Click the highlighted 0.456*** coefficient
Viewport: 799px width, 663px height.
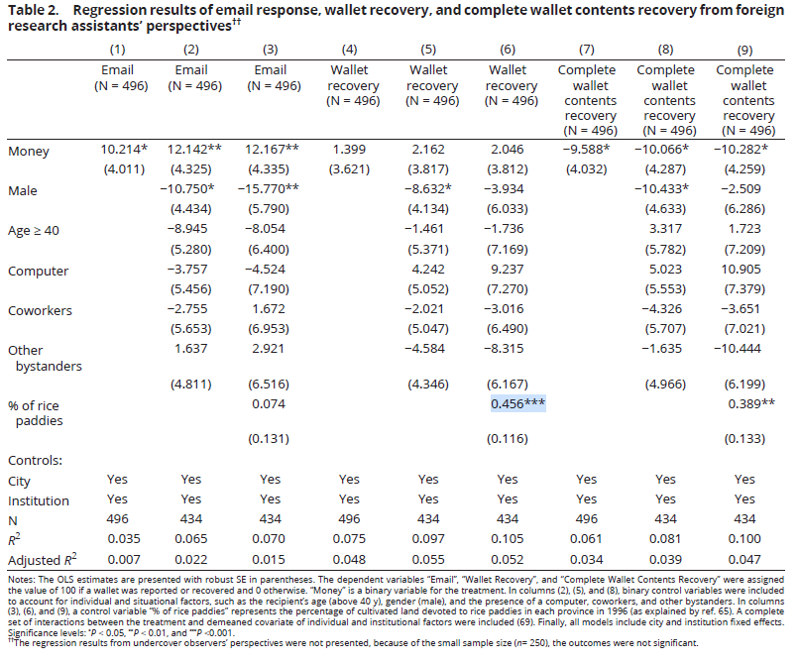click(x=517, y=403)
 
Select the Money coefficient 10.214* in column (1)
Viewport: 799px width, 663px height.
click(x=124, y=150)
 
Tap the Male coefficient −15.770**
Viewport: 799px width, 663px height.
click(x=268, y=189)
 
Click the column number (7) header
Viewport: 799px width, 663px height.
click(x=587, y=50)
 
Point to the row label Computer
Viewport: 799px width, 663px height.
click(x=39, y=272)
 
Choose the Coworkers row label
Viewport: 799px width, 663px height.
click(x=41, y=310)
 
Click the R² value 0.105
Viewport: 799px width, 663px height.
click(x=507, y=539)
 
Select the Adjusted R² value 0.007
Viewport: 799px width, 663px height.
click(x=124, y=560)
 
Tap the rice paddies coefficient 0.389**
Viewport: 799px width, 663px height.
click(x=751, y=403)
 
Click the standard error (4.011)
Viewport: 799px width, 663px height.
click(x=124, y=169)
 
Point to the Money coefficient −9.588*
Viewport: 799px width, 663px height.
click(x=587, y=150)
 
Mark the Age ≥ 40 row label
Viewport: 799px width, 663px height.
click(x=34, y=231)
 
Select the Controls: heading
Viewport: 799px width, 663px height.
click(x=35, y=460)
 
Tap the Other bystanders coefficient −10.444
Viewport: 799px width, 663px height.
click(x=738, y=349)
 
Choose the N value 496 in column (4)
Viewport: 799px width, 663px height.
click(x=349, y=518)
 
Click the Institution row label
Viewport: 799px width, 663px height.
click(x=39, y=500)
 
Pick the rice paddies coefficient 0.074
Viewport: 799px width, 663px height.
click(x=269, y=403)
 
